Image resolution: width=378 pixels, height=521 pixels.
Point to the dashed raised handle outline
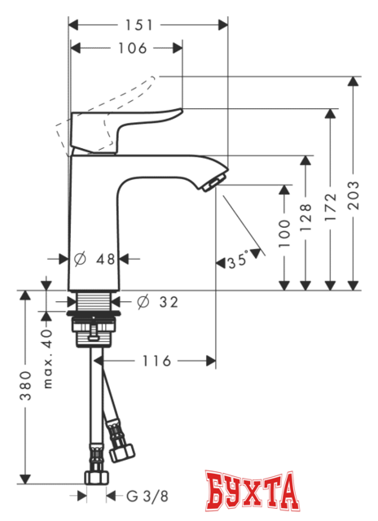pyautogui.click(x=81, y=130)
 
